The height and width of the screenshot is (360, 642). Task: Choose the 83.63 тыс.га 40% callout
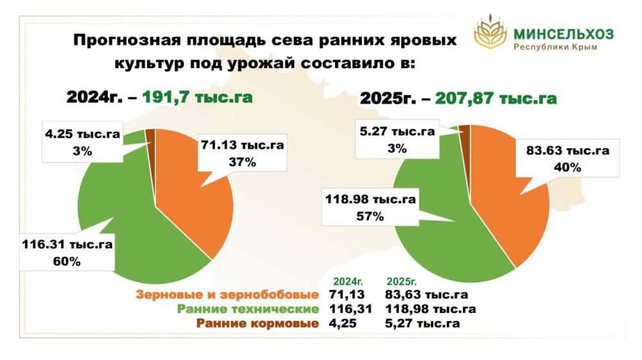click(x=567, y=159)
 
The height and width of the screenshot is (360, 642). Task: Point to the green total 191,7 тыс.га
click(x=197, y=97)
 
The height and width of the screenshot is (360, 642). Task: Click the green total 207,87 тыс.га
click(x=496, y=99)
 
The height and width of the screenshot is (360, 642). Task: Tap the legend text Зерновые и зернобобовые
click(x=227, y=295)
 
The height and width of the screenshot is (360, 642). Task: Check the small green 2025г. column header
click(x=403, y=282)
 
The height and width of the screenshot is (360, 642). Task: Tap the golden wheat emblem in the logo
click(x=490, y=35)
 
